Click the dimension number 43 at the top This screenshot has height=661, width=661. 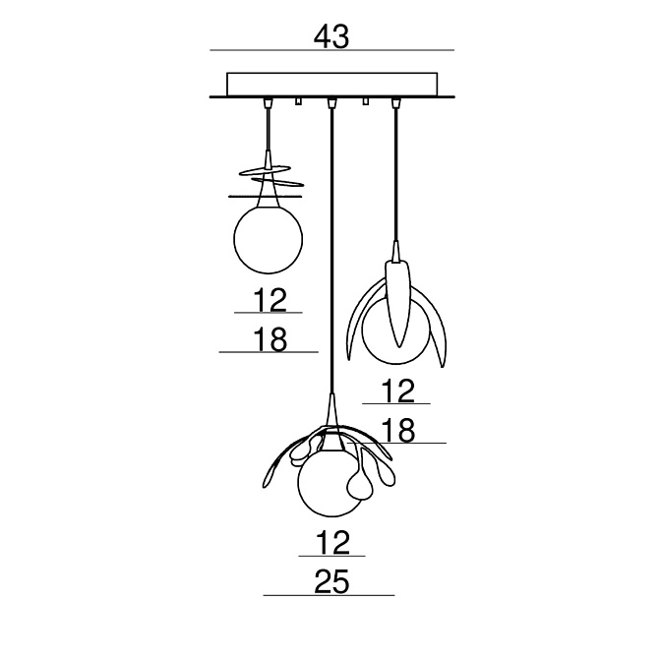[331, 36]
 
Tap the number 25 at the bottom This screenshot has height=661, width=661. [331, 581]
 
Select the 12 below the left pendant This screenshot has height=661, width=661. [270, 300]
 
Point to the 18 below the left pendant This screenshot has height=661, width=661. [270, 339]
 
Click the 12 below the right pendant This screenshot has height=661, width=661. [398, 391]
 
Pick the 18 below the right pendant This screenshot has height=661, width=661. [398, 431]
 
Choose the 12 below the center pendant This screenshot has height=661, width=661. [332, 543]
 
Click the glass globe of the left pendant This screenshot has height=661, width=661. [269, 239]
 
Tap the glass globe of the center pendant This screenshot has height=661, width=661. [330, 482]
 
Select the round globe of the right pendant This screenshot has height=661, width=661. [395, 330]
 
